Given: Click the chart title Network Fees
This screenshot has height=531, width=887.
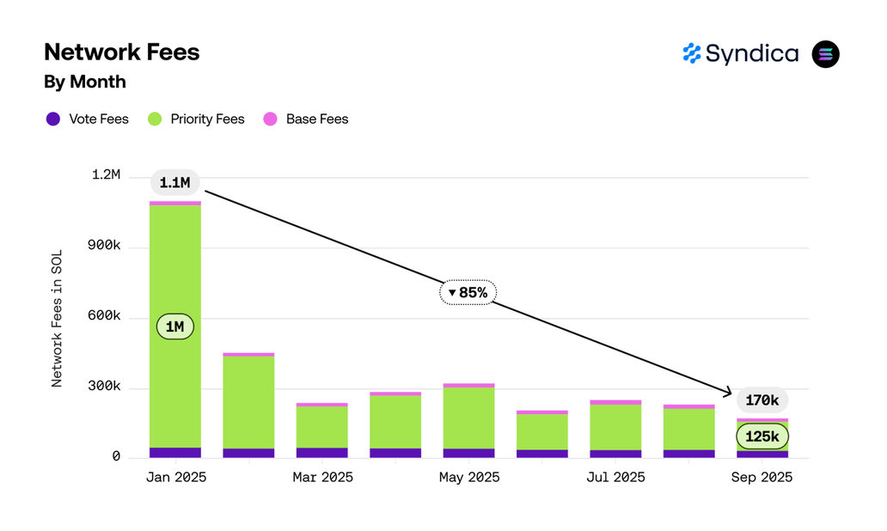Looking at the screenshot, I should [x=121, y=52].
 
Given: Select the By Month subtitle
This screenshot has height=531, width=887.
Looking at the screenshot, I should [x=85, y=82].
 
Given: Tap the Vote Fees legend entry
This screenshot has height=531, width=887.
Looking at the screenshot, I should [x=88, y=119].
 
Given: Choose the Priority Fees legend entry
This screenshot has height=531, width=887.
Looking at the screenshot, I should [x=197, y=119].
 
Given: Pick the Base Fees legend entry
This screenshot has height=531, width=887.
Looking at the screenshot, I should [x=306, y=119].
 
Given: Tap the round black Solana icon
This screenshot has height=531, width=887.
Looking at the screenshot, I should [x=825, y=54].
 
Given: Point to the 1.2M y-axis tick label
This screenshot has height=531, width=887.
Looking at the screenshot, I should [x=105, y=175].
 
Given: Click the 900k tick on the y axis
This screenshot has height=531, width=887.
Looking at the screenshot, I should [x=105, y=247].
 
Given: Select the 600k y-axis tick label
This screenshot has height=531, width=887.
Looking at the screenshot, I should [x=105, y=317].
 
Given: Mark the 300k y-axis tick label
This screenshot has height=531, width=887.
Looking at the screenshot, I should [x=105, y=388].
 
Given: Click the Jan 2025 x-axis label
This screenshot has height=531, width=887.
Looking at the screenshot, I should [x=175, y=477].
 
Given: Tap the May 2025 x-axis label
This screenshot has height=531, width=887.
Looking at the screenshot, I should [x=468, y=477].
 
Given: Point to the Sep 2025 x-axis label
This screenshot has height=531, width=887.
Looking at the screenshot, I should [x=762, y=477].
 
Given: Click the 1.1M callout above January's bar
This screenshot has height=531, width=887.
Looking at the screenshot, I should [x=175, y=182].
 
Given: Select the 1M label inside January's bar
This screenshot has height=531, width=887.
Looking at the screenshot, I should [x=175, y=327].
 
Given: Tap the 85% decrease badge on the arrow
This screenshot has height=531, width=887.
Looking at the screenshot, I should [x=468, y=292].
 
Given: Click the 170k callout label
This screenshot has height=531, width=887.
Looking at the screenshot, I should [x=762, y=400].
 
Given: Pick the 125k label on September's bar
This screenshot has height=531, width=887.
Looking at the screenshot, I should [x=762, y=436].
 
